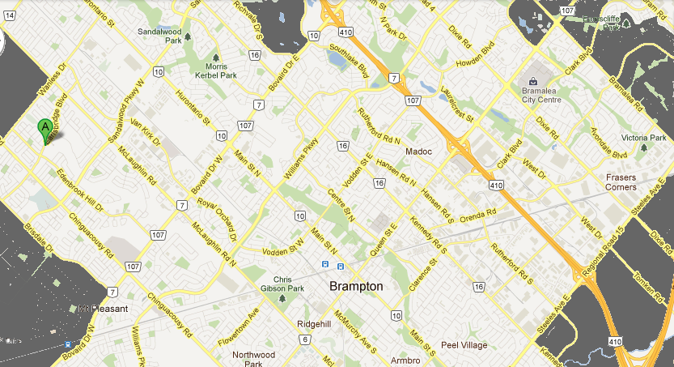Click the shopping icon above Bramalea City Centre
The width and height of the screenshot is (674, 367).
tap(533, 81)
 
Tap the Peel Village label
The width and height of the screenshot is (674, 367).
tap(464, 345)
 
